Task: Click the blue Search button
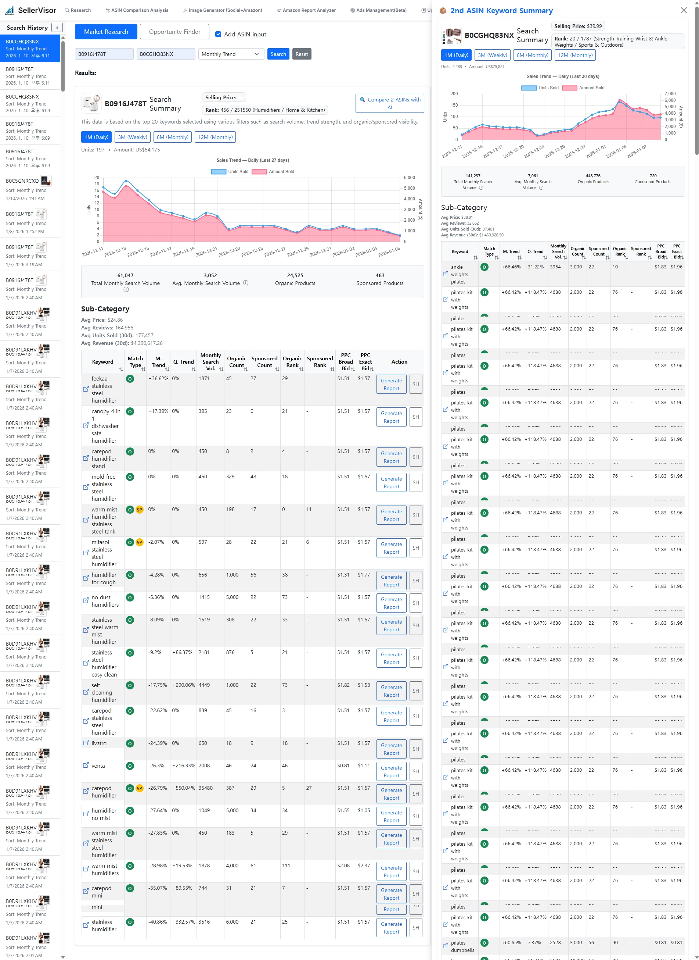[278, 54]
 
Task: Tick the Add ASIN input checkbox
[218, 34]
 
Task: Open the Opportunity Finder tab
[174, 32]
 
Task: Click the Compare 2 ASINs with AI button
[389, 103]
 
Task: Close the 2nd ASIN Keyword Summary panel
[683, 11]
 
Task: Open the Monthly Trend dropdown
[231, 54]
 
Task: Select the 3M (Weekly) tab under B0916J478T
[133, 137]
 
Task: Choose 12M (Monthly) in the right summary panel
[574, 55]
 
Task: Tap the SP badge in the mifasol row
[139, 542]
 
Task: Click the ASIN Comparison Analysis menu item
[137, 10]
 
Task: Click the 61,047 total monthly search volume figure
[125, 275]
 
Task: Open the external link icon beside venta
[86, 765]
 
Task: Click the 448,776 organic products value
[593, 176]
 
